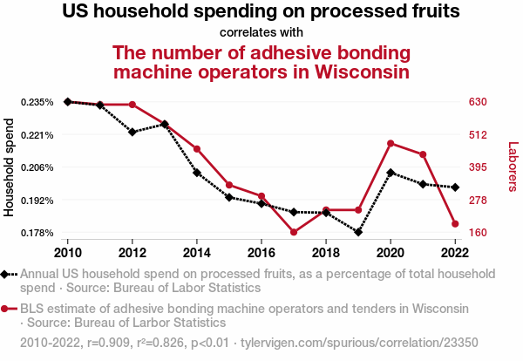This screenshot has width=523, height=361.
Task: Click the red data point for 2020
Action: click(391, 143)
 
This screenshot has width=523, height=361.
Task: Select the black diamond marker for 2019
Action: click(358, 233)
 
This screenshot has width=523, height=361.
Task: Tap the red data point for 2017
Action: click(294, 232)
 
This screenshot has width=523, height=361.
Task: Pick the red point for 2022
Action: click(455, 224)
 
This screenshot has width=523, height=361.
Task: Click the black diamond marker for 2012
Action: click(132, 132)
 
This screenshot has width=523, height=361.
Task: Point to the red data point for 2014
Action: click(197, 149)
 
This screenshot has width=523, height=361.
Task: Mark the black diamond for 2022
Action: click(455, 187)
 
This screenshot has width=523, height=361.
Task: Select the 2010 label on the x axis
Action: click(68, 253)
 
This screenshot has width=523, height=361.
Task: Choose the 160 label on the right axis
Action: click(478, 233)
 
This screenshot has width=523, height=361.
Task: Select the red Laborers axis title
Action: click(513, 167)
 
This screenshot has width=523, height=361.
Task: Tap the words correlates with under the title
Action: click(261, 32)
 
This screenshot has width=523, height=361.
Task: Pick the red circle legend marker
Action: click(9, 308)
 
